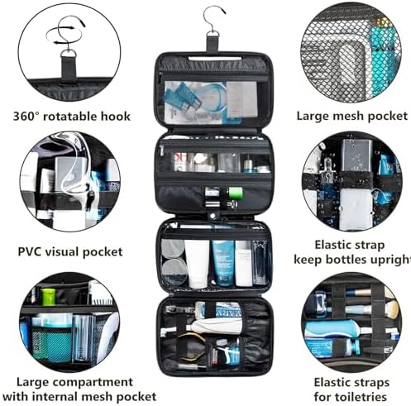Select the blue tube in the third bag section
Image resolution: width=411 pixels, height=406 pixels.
(223, 263)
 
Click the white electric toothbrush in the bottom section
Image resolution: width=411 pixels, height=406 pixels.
(213, 326)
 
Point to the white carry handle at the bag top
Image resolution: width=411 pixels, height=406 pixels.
(213, 59)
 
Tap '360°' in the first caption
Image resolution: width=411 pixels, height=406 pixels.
(26, 117)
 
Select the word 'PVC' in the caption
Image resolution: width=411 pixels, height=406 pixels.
(30, 252)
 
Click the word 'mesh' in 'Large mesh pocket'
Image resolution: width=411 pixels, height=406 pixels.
(350, 116)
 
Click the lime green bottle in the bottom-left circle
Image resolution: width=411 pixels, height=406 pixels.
(48, 297)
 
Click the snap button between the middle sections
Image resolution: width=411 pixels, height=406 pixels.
(213, 216)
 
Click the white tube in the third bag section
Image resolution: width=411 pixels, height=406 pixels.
(197, 264)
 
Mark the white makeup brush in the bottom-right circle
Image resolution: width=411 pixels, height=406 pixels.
(391, 306)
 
